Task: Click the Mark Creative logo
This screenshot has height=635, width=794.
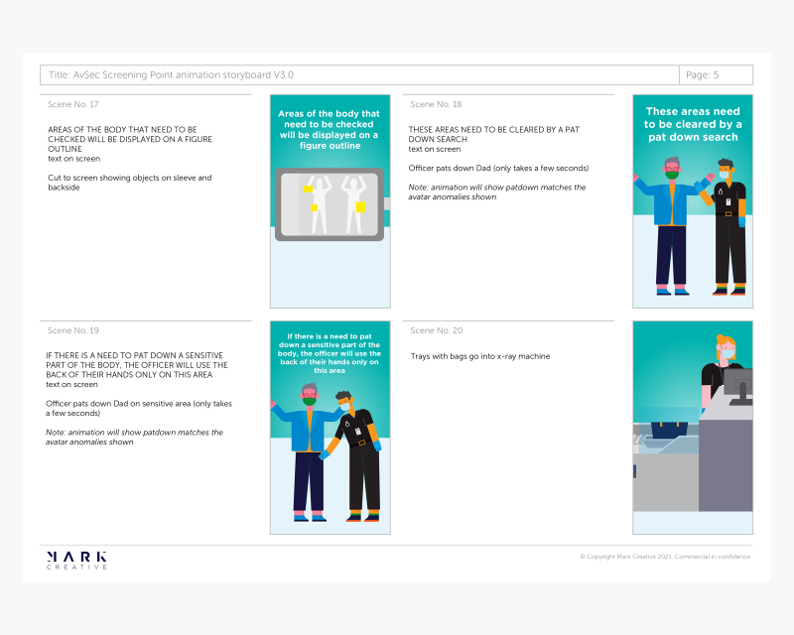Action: pyautogui.click(x=76, y=560)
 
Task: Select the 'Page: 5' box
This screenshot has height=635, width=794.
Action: pyautogui.click(x=716, y=75)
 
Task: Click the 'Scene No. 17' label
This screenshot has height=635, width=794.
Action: pyautogui.click(x=72, y=104)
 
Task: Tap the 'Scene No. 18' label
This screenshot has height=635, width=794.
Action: pyautogui.click(x=436, y=104)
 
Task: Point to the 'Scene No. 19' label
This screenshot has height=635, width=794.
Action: pyautogui.click(x=72, y=330)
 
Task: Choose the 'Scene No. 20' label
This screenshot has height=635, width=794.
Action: pyautogui.click(x=436, y=330)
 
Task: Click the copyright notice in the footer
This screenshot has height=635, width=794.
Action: pyautogui.click(x=665, y=557)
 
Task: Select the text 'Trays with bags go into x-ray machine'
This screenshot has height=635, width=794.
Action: pyautogui.click(x=480, y=356)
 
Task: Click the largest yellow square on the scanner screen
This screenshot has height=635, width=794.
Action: pyautogui.click(x=360, y=206)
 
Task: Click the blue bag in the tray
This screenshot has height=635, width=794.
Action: pyautogui.click(x=669, y=430)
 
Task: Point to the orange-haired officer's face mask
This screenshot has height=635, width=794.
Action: pyautogui.click(x=728, y=354)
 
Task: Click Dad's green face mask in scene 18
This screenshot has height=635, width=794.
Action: pyautogui.click(x=672, y=176)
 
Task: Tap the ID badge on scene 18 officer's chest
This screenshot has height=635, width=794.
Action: pyautogui.click(x=728, y=202)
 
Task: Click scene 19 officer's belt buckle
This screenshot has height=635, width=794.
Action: pyautogui.click(x=361, y=443)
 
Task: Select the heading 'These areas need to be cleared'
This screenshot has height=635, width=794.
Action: pyautogui.click(x=693, y=117)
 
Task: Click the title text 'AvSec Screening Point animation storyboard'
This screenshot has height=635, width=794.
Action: pyautogui.click(x=172, y=75)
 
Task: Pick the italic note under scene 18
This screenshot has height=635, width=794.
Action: pyautogui.click(x=497, y=191)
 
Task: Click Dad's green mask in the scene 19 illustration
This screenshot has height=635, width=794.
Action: pyautogui.click(x=310, y=401)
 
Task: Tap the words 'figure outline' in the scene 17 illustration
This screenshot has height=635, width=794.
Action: pyautogui.click(x=330, y=146)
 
